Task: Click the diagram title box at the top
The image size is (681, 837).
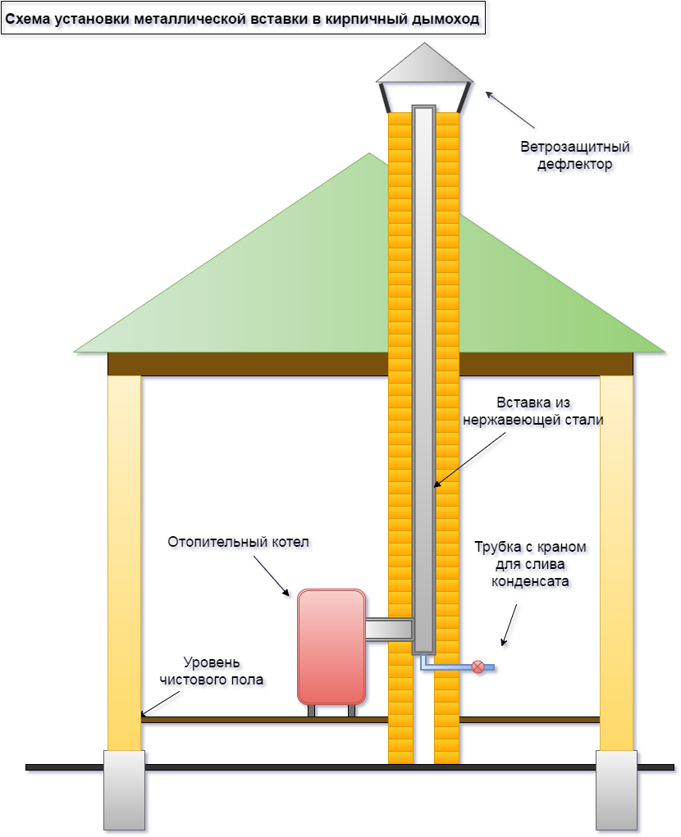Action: click(x=243, y=18)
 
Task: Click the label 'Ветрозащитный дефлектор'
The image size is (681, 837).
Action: click(x=574, y=156)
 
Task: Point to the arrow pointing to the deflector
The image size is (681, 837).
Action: click(x=510, y=110)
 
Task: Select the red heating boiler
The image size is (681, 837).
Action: click(x=331, y=646)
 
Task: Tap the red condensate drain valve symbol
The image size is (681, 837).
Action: click(x=478, y=667)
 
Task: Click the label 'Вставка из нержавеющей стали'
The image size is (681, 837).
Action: click(x=533, y=412)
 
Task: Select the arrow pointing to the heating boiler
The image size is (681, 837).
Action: click(x=272, y=576)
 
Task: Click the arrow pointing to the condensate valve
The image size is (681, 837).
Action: click(x=509, y=625)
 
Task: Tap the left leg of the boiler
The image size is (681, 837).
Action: click(x=312, y=711)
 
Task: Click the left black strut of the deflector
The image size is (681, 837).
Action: click(x=386, y=97)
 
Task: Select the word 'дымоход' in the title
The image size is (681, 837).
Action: click(x=450, y=18)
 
